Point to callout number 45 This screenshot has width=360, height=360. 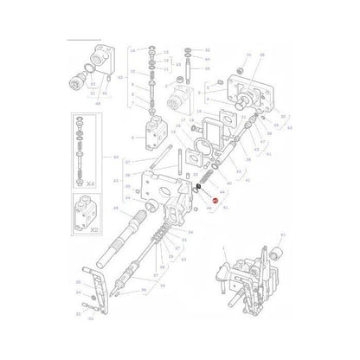tap(117, 209)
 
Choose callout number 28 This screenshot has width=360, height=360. tap(262, 55)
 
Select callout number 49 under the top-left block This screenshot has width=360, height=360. tap(97, 102)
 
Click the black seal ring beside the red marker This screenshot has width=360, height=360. tap(198, 187)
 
